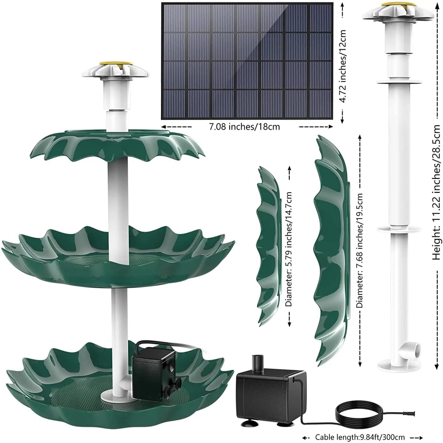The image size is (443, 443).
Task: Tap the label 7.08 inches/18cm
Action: tap(244, 127)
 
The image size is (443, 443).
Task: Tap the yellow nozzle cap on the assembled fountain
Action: tap(115, 65)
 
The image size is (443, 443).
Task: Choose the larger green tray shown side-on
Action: tap(331, 245)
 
